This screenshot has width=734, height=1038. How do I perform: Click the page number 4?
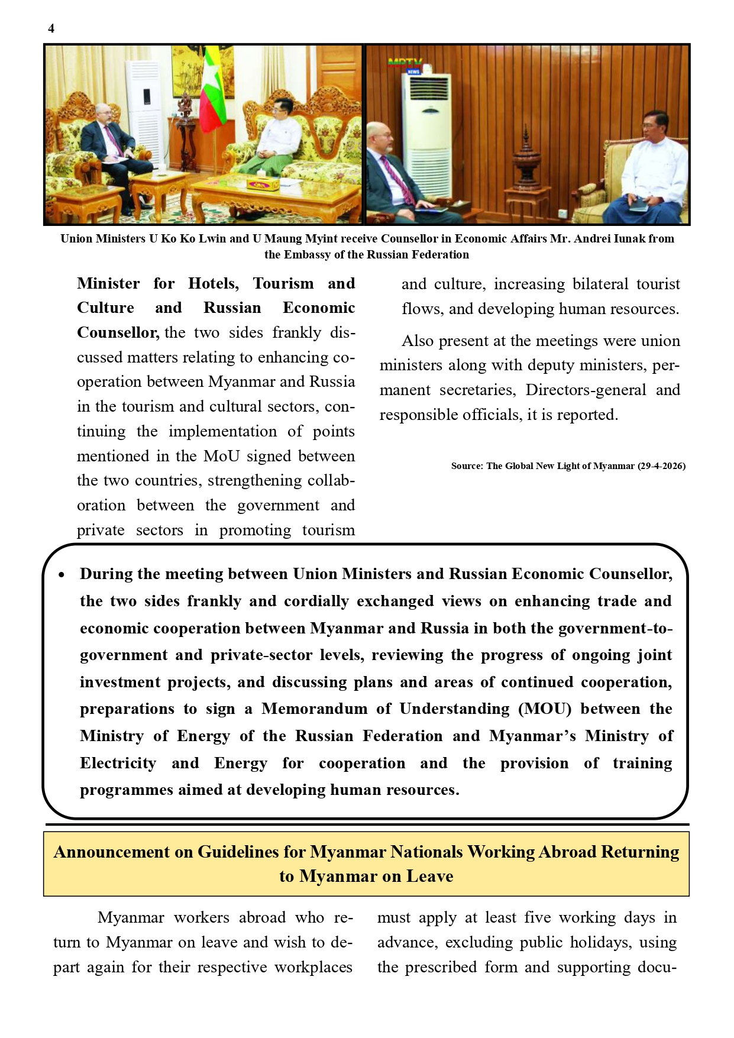(x=51, y=28)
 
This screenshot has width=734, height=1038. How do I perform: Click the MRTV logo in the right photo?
(x=406, y=64)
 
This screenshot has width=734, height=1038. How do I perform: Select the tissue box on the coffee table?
(x=263, y=184)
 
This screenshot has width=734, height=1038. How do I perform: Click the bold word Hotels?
(x=213, y=284)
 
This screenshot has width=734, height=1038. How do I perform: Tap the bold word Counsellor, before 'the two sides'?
(x=118, y=333)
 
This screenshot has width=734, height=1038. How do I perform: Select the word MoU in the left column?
(x=222, y=457)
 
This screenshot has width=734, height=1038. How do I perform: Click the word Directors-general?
(x=586, y=390)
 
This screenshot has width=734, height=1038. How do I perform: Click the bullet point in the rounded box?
(x=62, y=575)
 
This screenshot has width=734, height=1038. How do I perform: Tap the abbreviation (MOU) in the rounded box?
(x=545, y=709)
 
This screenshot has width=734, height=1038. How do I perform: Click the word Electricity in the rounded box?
(x=118, y=764)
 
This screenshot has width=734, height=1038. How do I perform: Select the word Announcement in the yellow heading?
(x=112, y=852)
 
